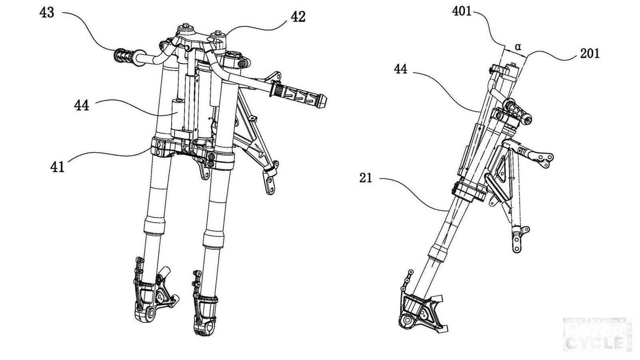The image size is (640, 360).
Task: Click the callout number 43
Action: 47,12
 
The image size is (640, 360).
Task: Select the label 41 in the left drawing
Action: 57,166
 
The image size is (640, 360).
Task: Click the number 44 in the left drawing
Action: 82,106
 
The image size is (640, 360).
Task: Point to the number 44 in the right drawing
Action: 400,69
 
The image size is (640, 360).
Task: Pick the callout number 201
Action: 590,53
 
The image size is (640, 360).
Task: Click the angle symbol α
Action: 518,47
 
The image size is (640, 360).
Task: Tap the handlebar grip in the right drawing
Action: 518,111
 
